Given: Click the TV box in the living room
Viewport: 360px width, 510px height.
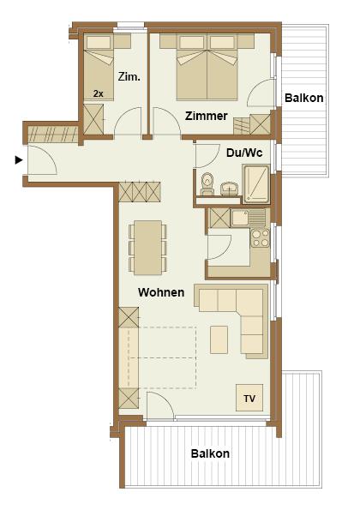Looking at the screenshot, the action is pos(249,398).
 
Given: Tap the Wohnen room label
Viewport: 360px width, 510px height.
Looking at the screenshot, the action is pos(161,292).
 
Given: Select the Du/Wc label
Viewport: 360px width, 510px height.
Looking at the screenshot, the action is pos(244,153).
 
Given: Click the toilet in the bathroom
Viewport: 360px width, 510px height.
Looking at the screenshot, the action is pos(207,184).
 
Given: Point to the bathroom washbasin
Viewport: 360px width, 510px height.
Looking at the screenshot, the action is pos(229,189).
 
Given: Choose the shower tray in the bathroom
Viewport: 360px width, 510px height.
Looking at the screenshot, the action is pos(256,183).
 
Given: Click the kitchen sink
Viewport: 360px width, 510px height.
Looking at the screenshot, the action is pos(248,218).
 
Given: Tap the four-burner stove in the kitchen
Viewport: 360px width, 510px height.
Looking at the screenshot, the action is pos(261,238).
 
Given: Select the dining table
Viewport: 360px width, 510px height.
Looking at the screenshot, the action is pos(148,248).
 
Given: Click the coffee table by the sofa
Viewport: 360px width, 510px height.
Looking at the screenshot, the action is pos(219,339).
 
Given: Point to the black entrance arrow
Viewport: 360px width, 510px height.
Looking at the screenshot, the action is pos(19,160).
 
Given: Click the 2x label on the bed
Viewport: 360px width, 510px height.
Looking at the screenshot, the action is pos(99,93).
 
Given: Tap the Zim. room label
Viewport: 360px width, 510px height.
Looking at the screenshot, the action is pos(129,77).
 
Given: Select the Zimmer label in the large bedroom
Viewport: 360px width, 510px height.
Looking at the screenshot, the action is pos(207,116).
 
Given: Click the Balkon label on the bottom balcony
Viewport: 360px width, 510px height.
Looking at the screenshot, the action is pos(210,453).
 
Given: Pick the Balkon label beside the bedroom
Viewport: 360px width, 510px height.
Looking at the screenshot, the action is pos(304,98).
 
